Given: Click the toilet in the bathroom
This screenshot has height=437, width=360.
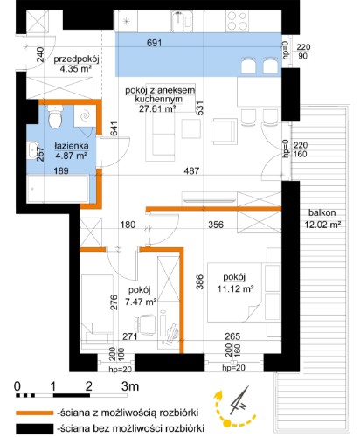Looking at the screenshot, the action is tap(55, 116).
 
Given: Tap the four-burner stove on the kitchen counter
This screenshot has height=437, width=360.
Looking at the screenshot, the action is tap(238, 21).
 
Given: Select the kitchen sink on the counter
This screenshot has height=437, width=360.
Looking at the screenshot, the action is tap(182, 21).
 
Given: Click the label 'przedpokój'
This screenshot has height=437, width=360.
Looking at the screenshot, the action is tap(76, 59).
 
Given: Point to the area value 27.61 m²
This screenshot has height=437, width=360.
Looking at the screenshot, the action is tap(157, 108).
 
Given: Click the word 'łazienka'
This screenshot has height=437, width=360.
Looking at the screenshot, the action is tap(72, 145).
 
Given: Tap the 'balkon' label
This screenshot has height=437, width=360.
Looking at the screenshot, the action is tap(322, 212).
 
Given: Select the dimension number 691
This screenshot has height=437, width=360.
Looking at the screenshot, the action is tap(154, 43).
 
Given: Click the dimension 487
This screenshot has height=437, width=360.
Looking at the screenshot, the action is tap(191, 170).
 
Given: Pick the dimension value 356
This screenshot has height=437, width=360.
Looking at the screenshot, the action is tap(216, 225).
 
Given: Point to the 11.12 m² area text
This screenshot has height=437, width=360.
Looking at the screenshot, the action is tap(235, 288).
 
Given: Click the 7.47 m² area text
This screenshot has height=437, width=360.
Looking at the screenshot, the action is tap(141, 302).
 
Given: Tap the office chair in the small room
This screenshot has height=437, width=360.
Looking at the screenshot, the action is tap(145, 324).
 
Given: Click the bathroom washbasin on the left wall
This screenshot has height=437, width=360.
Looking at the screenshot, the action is tap(31, 150).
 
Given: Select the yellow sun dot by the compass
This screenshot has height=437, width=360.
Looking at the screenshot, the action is tap(227, 422).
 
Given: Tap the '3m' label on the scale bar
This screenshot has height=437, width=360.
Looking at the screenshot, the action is tap(130, 386).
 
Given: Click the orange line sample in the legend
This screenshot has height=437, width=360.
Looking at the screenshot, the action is tap(35, 413).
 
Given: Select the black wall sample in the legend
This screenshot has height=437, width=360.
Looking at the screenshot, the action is tap(35, 428).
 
